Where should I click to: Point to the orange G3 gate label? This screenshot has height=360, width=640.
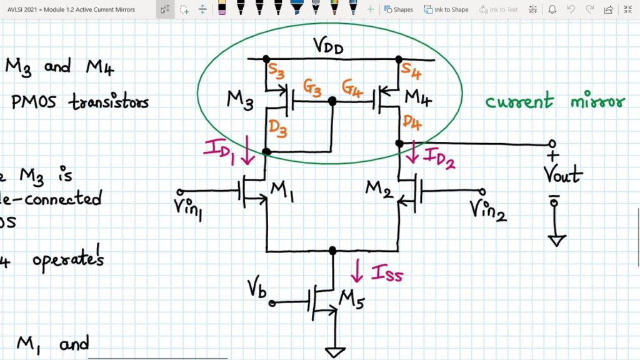click(x=312, y=89)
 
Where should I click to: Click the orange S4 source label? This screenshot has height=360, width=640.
click(x=411, y=69)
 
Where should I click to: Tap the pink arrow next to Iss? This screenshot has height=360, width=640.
click(x=357, y=271)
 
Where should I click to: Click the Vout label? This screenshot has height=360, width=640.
click(x=563, y=174)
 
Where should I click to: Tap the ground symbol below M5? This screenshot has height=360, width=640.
click(x=335, y=352)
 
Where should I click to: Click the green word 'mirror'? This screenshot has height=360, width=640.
click(x=597, y=101)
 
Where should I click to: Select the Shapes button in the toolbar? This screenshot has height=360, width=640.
click(x=398, y=9)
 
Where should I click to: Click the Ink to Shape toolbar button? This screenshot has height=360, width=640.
click(x=446, y=9)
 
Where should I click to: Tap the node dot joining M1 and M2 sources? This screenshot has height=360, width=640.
click(x=332, y=251)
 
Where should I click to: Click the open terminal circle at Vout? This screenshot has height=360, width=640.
click(x=552, y=144)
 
